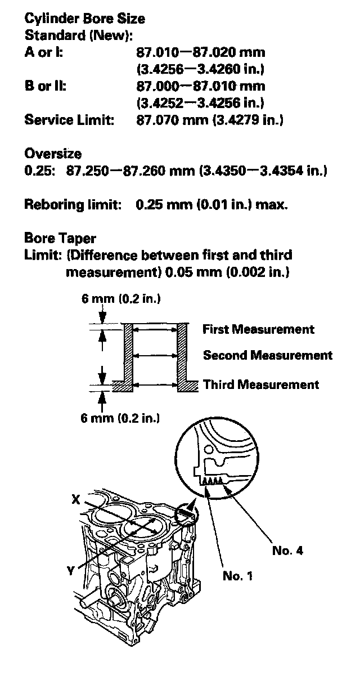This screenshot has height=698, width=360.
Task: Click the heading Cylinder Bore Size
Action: coord(84,19)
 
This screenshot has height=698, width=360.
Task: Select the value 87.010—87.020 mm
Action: coord(201,53)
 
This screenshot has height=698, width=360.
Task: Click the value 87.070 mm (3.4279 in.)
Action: coord(210,120)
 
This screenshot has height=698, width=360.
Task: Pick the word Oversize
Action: coord(53,154)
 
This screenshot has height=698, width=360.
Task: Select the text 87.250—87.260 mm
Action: coord(131,171)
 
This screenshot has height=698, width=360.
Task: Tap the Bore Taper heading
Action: coord(60,238)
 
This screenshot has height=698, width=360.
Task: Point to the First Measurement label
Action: coord(258,329)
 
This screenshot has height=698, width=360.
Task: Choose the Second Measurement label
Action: coord(267,355)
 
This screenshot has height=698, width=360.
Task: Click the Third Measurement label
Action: coord(260,384)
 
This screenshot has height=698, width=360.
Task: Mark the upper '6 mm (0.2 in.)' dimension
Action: coord(121,299)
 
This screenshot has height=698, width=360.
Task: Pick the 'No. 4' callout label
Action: coord(287,551)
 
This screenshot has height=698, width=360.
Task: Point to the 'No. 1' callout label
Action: coord(238,575)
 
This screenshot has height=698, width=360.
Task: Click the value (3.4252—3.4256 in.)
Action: coord(201,104)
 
